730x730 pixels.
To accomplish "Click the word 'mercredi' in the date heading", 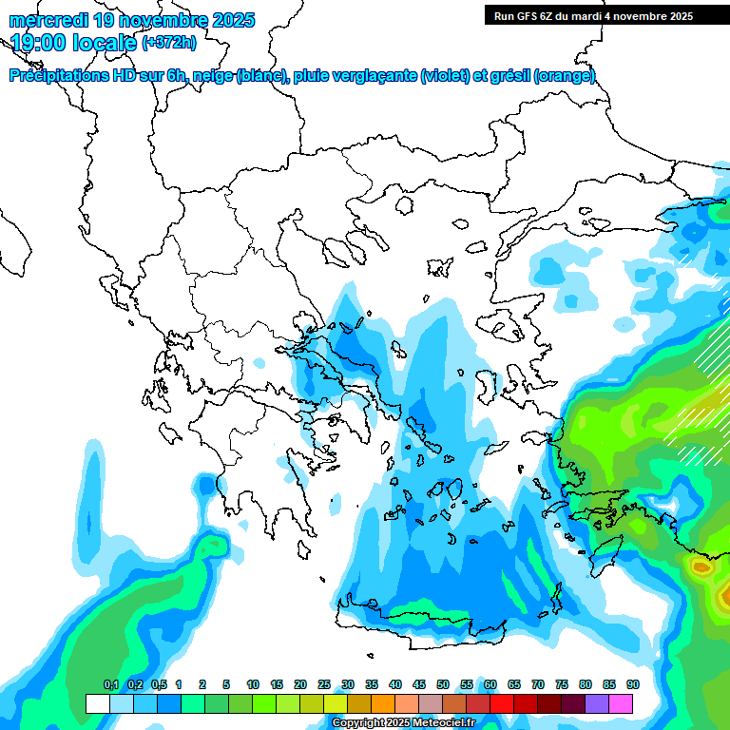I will click(48, 19).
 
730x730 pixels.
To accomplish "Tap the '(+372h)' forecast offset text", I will click(169, 43).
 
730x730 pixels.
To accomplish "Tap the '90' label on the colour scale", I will click(632, 684).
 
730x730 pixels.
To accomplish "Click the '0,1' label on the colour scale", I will click(110, 684).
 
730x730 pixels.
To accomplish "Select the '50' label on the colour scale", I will click(443, 684).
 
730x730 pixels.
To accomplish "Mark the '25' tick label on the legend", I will click(324, 684).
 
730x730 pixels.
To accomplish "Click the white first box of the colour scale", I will click(97, 703).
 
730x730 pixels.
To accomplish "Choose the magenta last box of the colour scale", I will click(621, 703).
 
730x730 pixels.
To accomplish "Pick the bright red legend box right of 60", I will click(502, 703).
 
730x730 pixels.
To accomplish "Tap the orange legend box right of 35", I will click(383, 703).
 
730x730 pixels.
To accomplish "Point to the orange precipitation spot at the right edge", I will click(702, 568).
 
